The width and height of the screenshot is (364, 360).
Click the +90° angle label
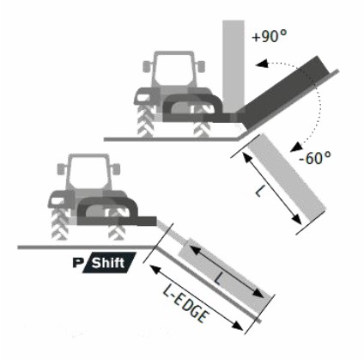pos(269,36)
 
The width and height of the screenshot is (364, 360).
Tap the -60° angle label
pos(315,158)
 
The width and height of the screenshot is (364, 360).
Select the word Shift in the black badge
pos(108,263)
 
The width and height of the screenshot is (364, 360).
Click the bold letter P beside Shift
pos(77,263)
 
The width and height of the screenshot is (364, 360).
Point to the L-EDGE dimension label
pos(185,304)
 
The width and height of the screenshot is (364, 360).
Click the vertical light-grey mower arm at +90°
pos(234,66)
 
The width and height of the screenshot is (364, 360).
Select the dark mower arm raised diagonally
pos(282,92)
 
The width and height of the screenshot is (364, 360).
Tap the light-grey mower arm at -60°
pos(287,178)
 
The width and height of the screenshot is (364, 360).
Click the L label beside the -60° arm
pos(258,191)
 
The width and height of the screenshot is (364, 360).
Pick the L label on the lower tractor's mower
pos(218,278)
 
